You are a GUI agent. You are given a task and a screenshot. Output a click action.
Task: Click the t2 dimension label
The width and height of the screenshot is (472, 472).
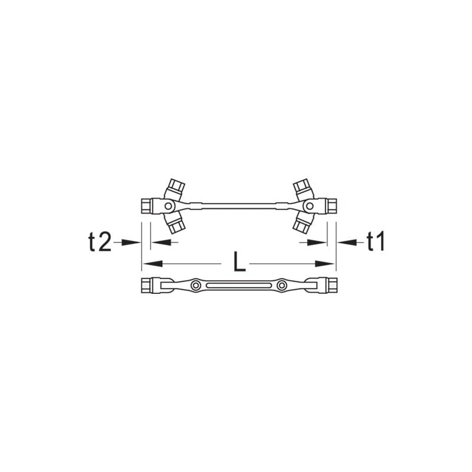coord(100,242)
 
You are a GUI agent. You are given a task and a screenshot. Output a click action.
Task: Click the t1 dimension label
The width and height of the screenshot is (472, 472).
coord(376,242)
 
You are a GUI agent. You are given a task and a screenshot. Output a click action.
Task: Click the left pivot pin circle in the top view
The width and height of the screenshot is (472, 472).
coord(168,206)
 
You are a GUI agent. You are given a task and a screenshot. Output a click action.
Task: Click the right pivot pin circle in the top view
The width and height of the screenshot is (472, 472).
coord(309,206)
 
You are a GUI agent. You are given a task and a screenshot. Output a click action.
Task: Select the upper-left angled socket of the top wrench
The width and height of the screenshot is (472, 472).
coord(176,189)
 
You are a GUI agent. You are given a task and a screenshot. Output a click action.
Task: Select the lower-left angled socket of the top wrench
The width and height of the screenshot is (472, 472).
coord(176,223)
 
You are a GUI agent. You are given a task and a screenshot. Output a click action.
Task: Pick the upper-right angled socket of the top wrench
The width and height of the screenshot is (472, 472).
coord(302,189)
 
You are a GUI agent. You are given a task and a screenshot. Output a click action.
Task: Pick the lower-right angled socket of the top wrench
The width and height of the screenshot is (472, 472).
coord(302,223)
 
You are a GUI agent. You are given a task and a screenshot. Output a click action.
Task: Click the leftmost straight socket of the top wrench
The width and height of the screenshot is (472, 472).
coord(146,206)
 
